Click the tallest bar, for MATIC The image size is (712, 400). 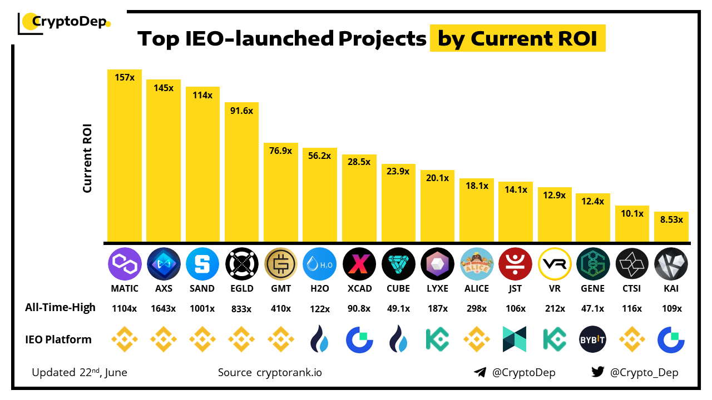click(125, 156)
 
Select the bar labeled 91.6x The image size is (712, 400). click(241, 172)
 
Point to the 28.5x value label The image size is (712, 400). click(359, 162)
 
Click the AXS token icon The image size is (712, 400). click(164, 264)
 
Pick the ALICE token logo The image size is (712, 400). click(477, 264)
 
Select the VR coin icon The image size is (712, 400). click(555, 264)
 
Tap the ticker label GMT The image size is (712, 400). click(281, 289)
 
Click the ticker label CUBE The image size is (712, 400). click(398, 289)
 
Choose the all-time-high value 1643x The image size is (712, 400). click(164, 308)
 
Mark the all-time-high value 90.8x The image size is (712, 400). click(359, 308)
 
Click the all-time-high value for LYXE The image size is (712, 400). click(437, 308)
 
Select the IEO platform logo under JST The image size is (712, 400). click(516, 339)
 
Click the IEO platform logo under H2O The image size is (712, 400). click(320, 339)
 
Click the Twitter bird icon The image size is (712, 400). click(598, 372)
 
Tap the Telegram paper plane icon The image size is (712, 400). click(480, 372)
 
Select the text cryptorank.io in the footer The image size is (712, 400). click(289, 372)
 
